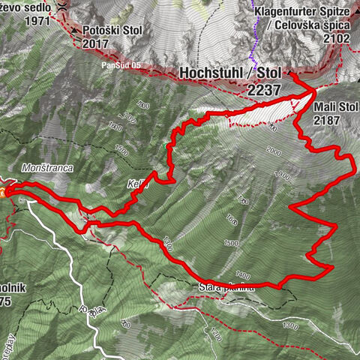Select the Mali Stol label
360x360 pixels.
(334, 106)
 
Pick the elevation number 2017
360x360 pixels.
(95, 43)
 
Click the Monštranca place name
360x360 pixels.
(46, 169)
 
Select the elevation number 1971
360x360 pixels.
(16, 22)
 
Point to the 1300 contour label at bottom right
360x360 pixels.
(290, 327)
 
